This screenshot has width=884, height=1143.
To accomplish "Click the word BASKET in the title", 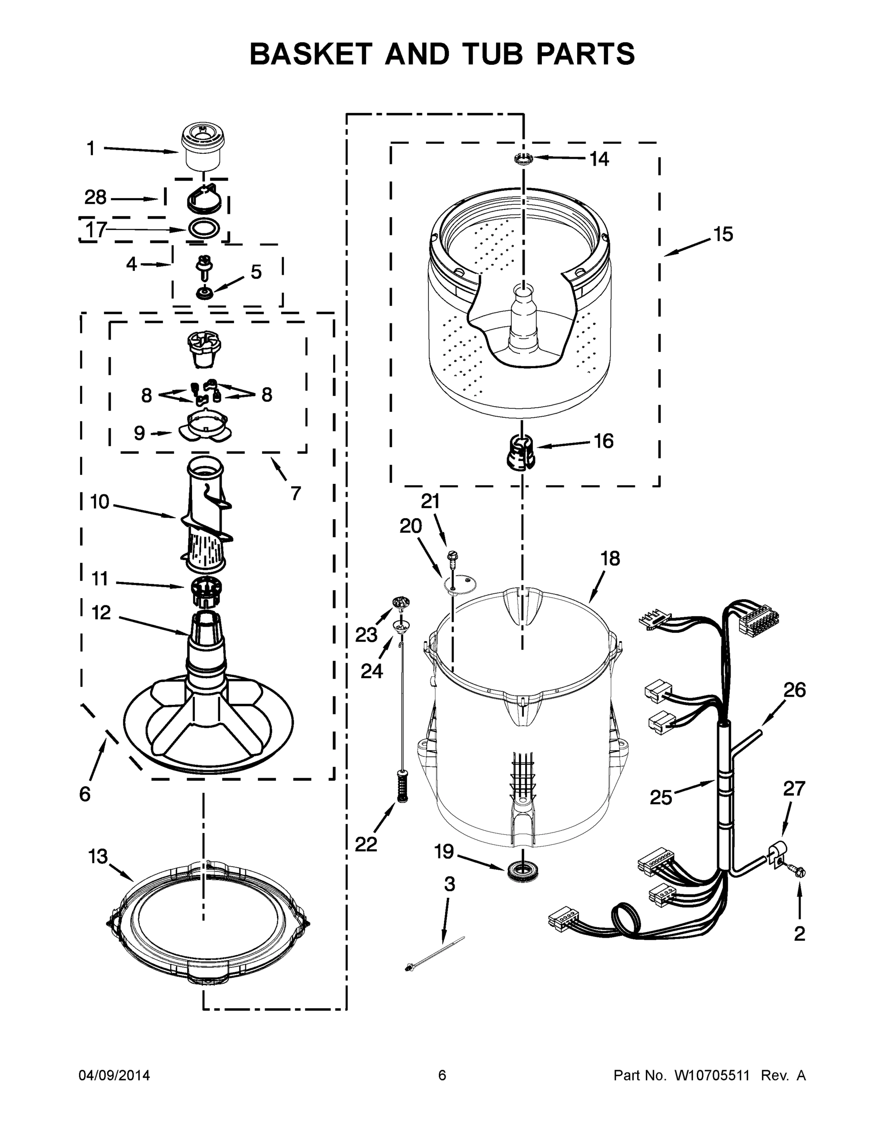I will [311, 54].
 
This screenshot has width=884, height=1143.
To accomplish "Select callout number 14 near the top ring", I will [599, 159].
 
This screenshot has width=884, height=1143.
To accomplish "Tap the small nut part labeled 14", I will [523, 158].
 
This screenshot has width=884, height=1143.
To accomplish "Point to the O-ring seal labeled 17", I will [202, 229].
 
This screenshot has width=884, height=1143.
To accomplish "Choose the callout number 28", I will [95, 198].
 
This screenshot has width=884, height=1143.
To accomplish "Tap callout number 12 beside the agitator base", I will [101, 612].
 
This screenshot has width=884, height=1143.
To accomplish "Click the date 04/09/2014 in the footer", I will [114, 1075].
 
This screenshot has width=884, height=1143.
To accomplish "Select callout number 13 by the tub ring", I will [98, 857].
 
